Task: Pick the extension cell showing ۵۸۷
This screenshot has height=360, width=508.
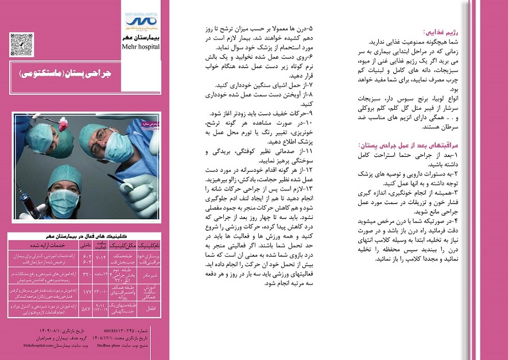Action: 86,309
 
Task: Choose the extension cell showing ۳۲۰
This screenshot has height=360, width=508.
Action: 86,274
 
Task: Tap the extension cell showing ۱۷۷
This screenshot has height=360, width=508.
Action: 86,292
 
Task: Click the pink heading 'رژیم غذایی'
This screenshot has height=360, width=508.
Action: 439,33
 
